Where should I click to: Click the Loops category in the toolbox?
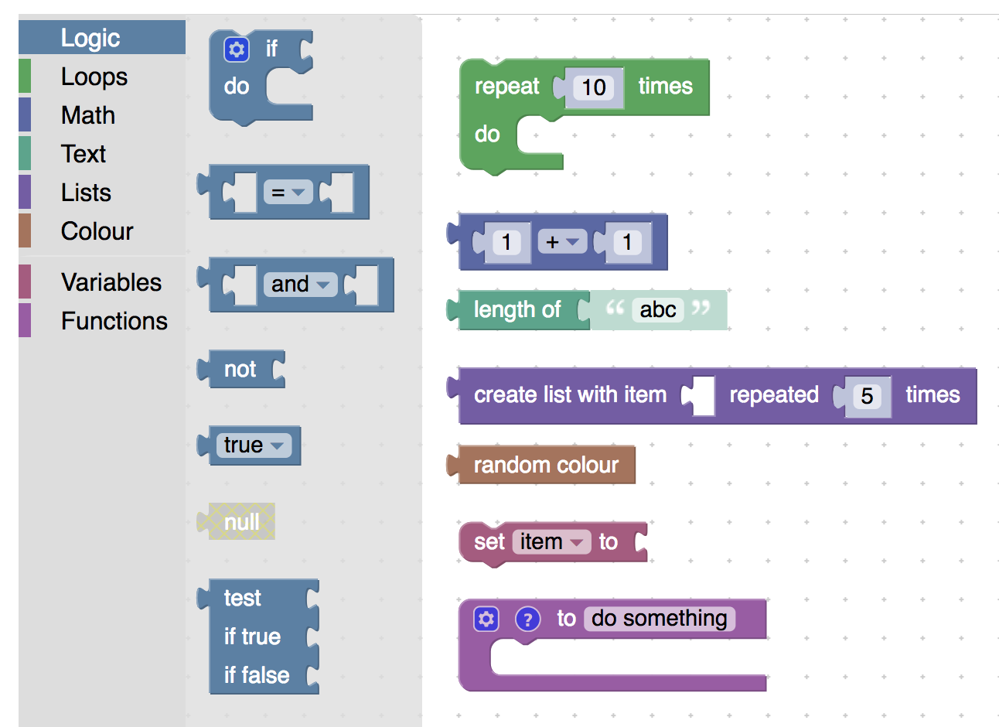94,77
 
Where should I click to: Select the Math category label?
88,115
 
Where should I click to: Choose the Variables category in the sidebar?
111,282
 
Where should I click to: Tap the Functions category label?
114,321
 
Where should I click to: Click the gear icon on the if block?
237,49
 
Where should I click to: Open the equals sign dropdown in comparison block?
288,193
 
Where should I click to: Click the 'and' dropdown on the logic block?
300,284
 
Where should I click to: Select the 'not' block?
240,369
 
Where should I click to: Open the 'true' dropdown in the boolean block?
254,445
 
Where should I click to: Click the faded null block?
241,522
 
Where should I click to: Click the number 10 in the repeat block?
593,87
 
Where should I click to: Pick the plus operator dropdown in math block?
562,242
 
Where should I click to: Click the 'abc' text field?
658,309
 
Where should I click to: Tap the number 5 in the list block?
867,396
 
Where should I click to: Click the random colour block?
546,465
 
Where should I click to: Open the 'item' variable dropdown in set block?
551,541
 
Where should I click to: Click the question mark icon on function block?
527,619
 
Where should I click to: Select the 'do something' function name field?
659,618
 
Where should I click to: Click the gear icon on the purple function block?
486,619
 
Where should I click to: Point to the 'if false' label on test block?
256,675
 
